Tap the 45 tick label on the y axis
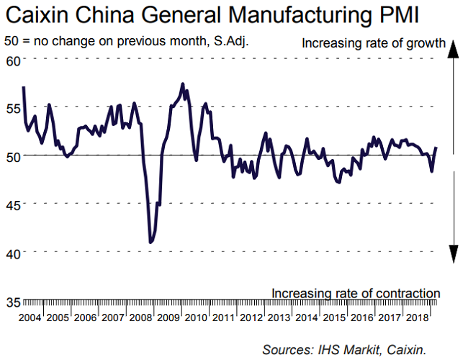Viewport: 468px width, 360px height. [12, 204]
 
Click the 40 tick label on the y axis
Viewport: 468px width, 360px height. [12, 253]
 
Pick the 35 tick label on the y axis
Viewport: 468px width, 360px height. [12, 301]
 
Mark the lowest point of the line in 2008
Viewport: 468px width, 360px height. [150, 243]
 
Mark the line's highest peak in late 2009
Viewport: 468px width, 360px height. [182, 84]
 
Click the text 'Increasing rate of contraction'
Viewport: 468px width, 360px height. [356, 293]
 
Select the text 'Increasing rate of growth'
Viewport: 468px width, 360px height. [374, 43]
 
